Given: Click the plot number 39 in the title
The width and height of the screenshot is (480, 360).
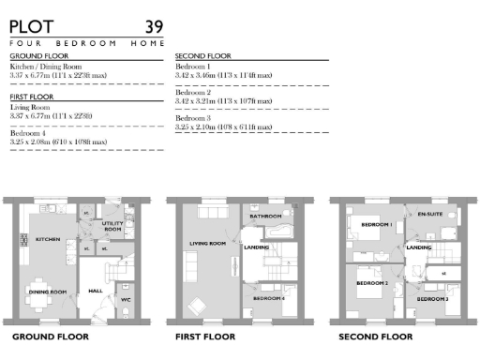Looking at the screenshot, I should click(153, 26).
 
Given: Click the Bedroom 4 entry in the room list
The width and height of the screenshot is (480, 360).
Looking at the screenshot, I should click(29, 134).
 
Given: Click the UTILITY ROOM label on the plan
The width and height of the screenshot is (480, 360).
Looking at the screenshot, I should click(113, 227).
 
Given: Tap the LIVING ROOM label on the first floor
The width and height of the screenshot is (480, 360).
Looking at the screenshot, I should click(207, 244).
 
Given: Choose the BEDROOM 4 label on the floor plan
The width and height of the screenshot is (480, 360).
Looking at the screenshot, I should click(269, 298).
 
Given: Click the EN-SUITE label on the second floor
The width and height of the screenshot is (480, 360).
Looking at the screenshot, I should click(428, 215).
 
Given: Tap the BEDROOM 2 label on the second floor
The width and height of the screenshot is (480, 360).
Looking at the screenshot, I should click(372, 282).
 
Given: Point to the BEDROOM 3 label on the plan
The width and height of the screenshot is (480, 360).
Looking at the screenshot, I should click(432, 298).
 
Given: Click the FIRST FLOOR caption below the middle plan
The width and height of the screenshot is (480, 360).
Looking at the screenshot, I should click(207, 336).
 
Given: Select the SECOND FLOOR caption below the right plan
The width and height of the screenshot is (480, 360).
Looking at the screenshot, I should click(375, 336).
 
